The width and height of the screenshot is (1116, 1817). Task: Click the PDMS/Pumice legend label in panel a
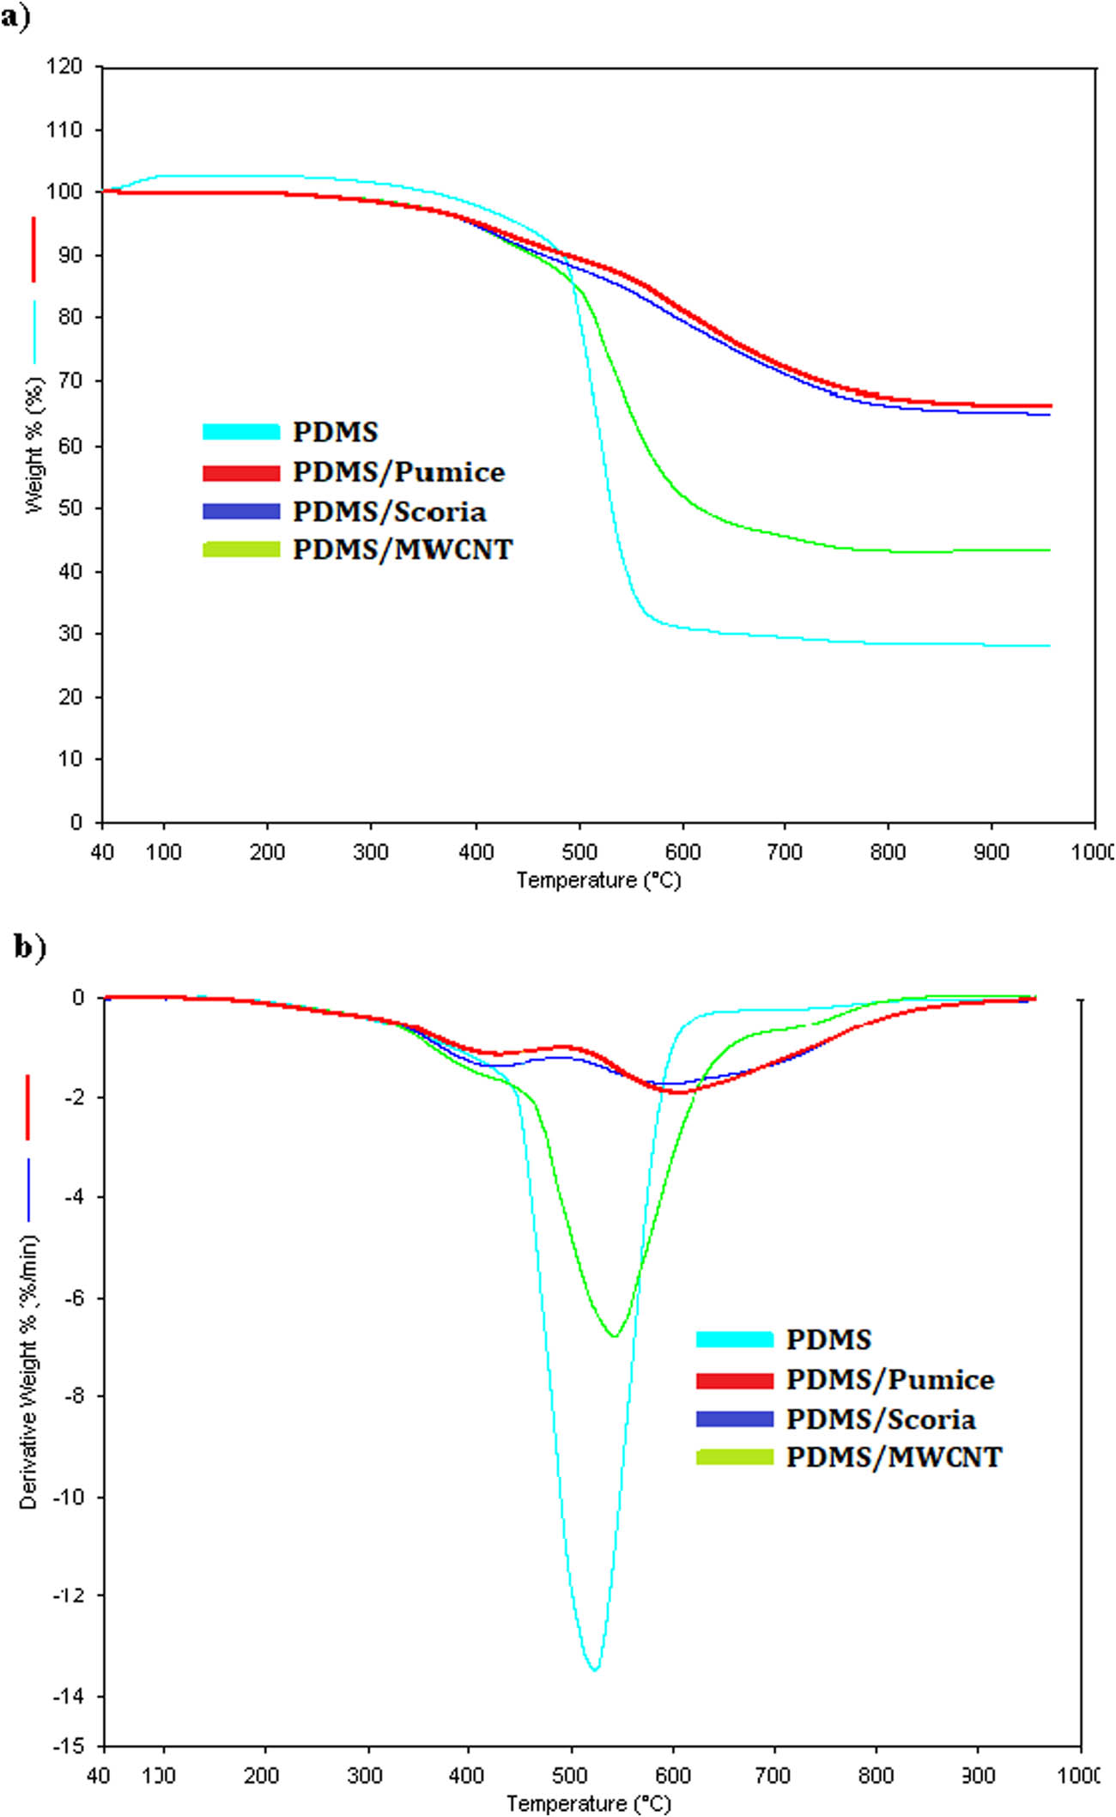pyautogui.click(x=398, y=472)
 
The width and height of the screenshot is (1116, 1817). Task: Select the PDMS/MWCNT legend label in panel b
pyautogui.click(x=894, y=1457)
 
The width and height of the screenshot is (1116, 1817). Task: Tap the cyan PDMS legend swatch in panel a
pyautogui.click(x=241, y=432)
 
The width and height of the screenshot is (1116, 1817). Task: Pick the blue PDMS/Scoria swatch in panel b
pyautogui.click(x=735, y=1419)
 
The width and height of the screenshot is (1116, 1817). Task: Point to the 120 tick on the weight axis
pyautogui.click(x=64, y=67)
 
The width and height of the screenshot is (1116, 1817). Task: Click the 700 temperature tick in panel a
pyautogui.click(x=785, y=852)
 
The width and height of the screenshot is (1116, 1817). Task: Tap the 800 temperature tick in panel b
pyautogui.click(x=876, y=1776)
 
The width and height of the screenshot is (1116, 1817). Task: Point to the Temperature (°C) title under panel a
pyautogui.click(x=598, y=880)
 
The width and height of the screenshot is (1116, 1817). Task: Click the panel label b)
pyautogui.click(x=29, y=946)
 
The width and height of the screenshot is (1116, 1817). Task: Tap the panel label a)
pyautogui.click(x=15, y=17)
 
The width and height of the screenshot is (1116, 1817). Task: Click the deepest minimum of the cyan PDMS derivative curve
pyautogui.click(x=594, y=1668)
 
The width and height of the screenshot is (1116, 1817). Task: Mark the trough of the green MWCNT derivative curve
pyautogui.click(x=614, y=1337)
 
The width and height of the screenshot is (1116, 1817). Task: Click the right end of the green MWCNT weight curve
pyautogui.click(x=1049, y=550)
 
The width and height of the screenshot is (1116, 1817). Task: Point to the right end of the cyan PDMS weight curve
pyautogui.click(x=1049, y=646)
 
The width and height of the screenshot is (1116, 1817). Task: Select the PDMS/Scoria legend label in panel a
pyautogui.click(x=389, y=512)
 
